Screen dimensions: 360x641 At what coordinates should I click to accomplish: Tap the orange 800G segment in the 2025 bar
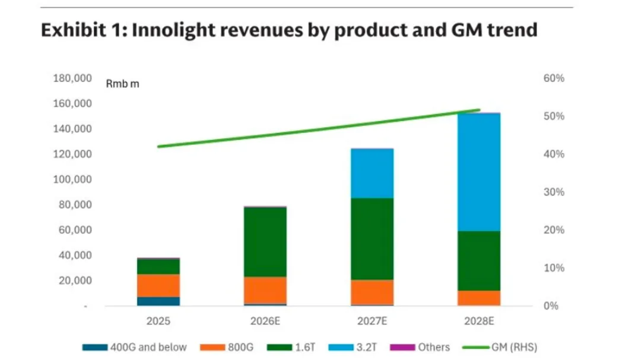[x=158, y=285]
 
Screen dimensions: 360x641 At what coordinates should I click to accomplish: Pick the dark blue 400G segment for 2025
[x=158, y=301]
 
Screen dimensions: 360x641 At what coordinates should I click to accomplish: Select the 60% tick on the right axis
[x=553, y=78]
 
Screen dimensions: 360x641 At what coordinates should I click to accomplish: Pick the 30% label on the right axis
[x=553, y=192]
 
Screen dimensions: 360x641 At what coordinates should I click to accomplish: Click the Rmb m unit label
[x=122, y=84]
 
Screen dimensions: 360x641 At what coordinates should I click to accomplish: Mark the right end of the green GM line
[x=479, y=110]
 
